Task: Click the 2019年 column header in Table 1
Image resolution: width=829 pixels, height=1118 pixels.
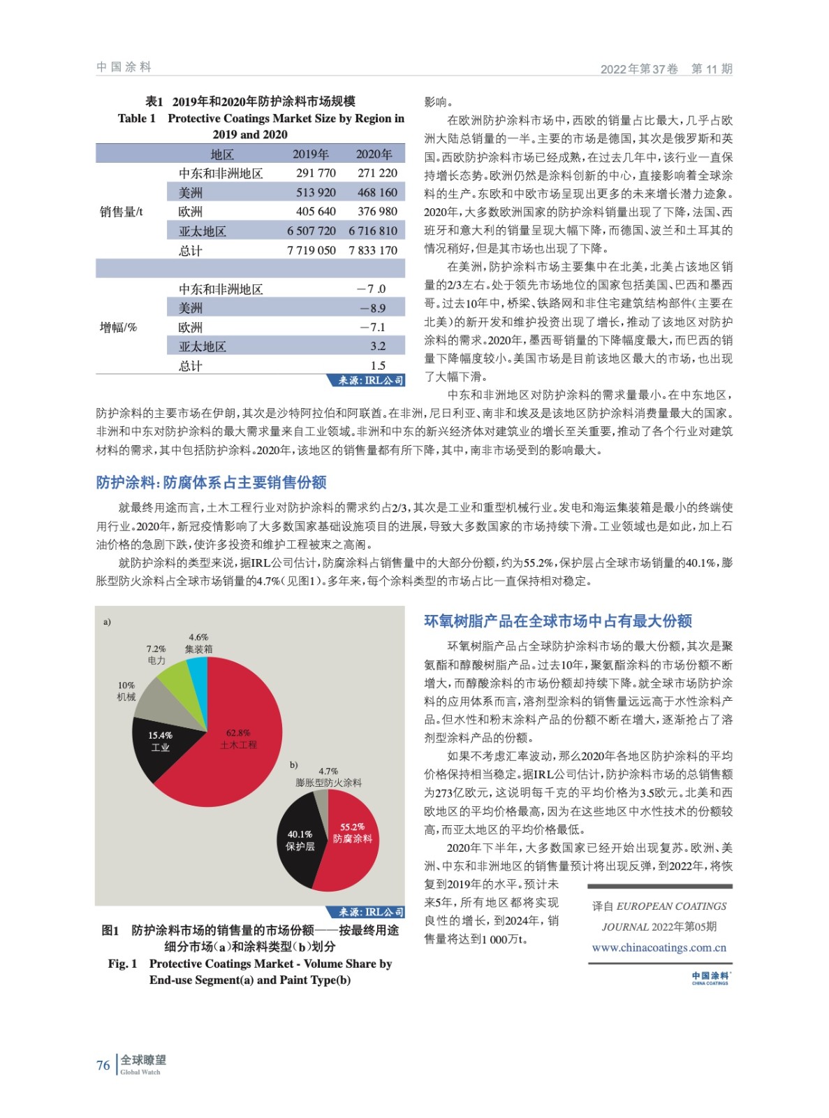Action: pyautogui.click(x=310, y=154)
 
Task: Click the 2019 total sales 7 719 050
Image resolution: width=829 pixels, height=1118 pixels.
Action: pyautogui.click(x=311, y=250)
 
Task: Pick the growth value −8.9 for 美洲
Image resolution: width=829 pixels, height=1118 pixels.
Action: pyautogui.click(x=372, y=308)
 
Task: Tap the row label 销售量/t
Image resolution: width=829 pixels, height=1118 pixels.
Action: pyautogui.click(x=121, y=212)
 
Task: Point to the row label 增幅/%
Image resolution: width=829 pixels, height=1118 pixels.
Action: pyautogui.click(x=118, y=327)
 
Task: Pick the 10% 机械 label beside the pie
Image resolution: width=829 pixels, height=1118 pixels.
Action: pyautogui.click(x=126, y=691)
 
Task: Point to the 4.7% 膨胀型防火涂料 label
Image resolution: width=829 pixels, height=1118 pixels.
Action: pyautogui.click(x=328, y=777)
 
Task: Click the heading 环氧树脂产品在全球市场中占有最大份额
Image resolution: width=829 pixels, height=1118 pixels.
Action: pyautogui.click(x=558, y=621)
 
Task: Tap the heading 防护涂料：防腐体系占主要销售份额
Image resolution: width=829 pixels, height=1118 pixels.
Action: pyautogui.click(x=211, y=482)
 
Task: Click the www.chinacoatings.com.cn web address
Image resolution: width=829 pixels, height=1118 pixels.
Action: pyautogui.click(x=659, y=948)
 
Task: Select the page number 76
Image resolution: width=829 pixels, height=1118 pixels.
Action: pyautogui.click(x=103, y=1066)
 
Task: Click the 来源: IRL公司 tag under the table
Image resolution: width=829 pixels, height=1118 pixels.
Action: pyautogui.click(x=367, y=381)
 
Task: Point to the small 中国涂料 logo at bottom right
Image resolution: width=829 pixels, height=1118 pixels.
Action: pyautogui.click(x=710, y=978)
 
